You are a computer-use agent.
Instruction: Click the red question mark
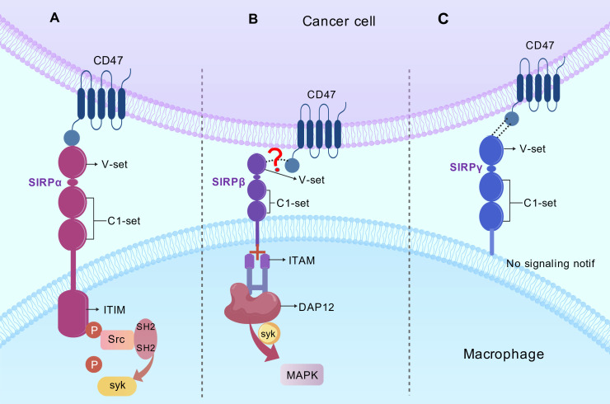(276, 160)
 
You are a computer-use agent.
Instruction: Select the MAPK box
(303, 375)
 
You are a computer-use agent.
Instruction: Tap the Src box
(117, 340)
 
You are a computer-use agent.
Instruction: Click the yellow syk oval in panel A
(117, 386)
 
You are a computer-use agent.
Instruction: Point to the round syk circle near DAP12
(269, 334)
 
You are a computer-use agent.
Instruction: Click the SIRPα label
(45, 182)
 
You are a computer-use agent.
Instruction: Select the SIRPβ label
(229, 181)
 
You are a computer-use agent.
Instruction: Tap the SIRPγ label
(466, 167)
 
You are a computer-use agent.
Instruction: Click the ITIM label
(115, 310)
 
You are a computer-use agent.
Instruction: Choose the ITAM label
(302, 261)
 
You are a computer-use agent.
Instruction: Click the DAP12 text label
(317, 307)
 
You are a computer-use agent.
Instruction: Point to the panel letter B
(253, 19)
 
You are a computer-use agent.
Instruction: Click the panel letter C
(443, 19)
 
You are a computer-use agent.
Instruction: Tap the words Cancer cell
(339, 21)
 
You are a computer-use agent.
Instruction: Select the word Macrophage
(504, 355)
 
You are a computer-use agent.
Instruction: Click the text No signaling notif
(551, 264)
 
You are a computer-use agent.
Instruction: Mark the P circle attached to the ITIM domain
(94, 331)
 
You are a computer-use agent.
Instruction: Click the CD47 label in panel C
(540, 45)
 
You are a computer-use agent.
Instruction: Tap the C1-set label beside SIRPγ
(540, 203)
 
